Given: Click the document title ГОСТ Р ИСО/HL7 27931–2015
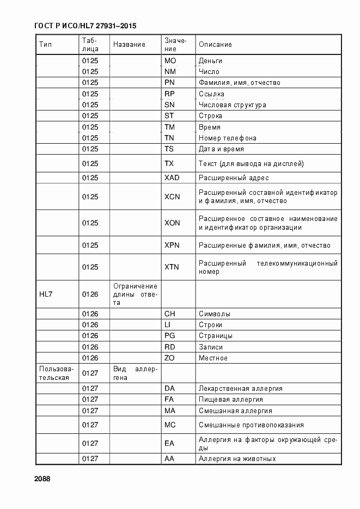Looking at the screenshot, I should tap(85, 26).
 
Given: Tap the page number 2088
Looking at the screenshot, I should tap(42, 478).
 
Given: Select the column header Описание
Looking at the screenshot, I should tap(215, 45).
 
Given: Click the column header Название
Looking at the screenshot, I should tap(129, 45).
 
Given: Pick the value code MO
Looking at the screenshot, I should tap(170, 60).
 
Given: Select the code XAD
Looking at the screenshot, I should tap(172, 178).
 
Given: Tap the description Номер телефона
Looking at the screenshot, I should tap(227, 138).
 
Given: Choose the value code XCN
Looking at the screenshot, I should tap(172, 197).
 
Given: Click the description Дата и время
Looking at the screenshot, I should tap(221, 149).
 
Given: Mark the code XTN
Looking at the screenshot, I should tap(172, 267).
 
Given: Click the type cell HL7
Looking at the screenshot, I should tap(46, 294).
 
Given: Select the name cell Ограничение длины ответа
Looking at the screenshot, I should tap(135, 294).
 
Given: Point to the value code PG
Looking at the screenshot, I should tap(170, 336).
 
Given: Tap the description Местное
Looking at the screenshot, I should tap(213, 358).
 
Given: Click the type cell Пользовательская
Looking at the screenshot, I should tap(54, 373).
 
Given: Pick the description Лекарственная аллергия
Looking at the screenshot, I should tap(240, 389).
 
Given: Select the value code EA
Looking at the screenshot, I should tap(169, 444).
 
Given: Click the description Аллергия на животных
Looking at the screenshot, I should tap(237, 459).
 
